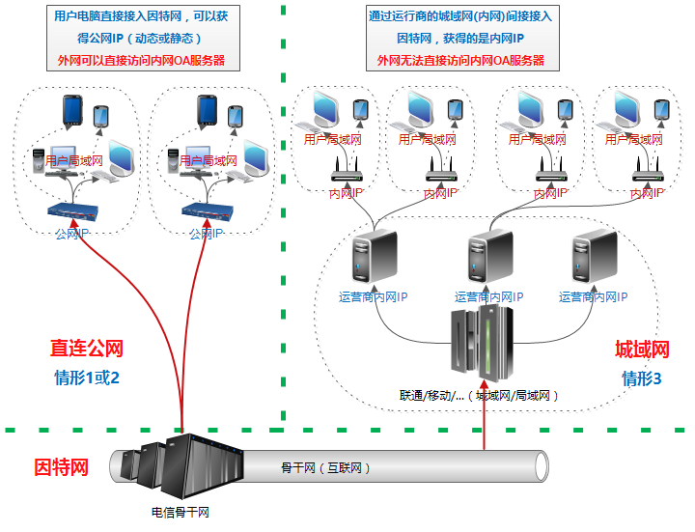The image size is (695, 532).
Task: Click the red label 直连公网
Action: (87, 348)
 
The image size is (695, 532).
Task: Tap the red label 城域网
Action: (642, 350)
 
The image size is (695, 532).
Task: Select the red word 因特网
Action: (62, 467)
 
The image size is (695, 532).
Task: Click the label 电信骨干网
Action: (180, 513)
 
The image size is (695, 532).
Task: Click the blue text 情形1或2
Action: (87, 376)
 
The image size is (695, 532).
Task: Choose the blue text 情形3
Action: (642, 378)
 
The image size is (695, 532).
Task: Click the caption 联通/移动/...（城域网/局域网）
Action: (480, 395)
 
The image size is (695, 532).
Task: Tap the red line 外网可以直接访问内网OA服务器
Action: (141, 60)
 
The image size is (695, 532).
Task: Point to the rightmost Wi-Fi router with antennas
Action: (648, 172)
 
